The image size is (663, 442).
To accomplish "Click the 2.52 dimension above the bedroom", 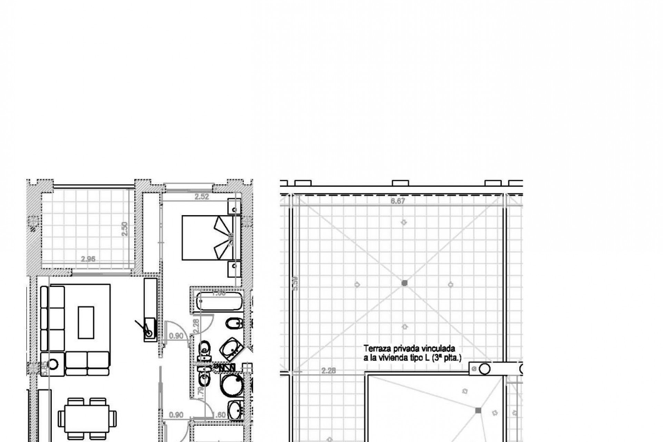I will pos(202,197).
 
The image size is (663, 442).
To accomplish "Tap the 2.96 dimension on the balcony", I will pos(88,259).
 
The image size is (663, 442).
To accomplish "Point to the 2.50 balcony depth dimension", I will pos(125,229).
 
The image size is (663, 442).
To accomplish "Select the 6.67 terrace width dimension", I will pos(397,201).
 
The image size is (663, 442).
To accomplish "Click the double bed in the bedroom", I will pos(207,238).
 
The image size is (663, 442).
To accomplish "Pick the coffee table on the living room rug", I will pos(86,323).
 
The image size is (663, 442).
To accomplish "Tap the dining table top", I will pos(87,418).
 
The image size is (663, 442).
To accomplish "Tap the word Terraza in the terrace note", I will pos(376,349).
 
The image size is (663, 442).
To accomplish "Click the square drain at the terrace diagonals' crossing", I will pos(405,283).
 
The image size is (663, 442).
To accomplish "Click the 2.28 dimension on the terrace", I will pos(328,371).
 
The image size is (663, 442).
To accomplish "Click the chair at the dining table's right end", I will pos(113,418).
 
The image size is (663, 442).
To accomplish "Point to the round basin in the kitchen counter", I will pos(149,333).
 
